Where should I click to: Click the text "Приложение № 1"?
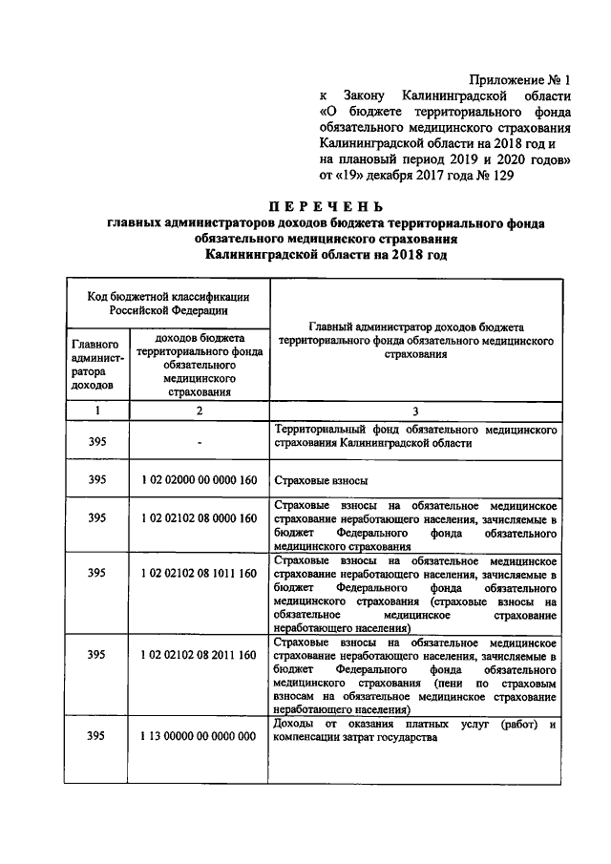522,80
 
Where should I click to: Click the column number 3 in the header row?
415,411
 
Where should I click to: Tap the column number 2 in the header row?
199,411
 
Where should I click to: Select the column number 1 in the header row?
95,411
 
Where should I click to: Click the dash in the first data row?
199,441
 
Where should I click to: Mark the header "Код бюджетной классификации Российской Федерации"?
165,303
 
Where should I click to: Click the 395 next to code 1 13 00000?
95,737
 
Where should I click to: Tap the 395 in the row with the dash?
95,440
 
